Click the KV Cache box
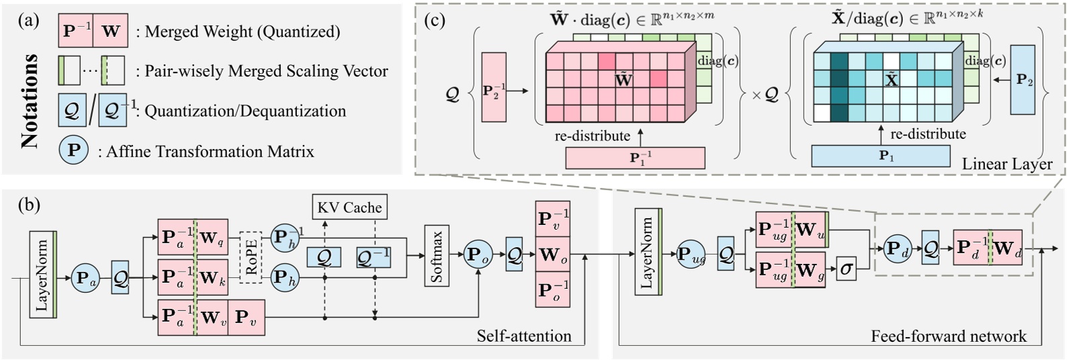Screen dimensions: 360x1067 click(x=349, y=208)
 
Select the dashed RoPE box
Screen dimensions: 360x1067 click(x=251, y=256)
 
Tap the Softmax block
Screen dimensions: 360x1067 click(x=436, y=256)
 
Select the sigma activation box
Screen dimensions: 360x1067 click(x=846, y=269)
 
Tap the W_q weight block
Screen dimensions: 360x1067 click(x=210, y=237)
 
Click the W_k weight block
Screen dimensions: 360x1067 click(x=210, y=276)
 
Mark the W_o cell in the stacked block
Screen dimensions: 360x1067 click(x=552, y=255)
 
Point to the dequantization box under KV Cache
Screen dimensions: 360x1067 click(x=373, y=257)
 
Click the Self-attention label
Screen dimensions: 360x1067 click(x=524, y=336)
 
